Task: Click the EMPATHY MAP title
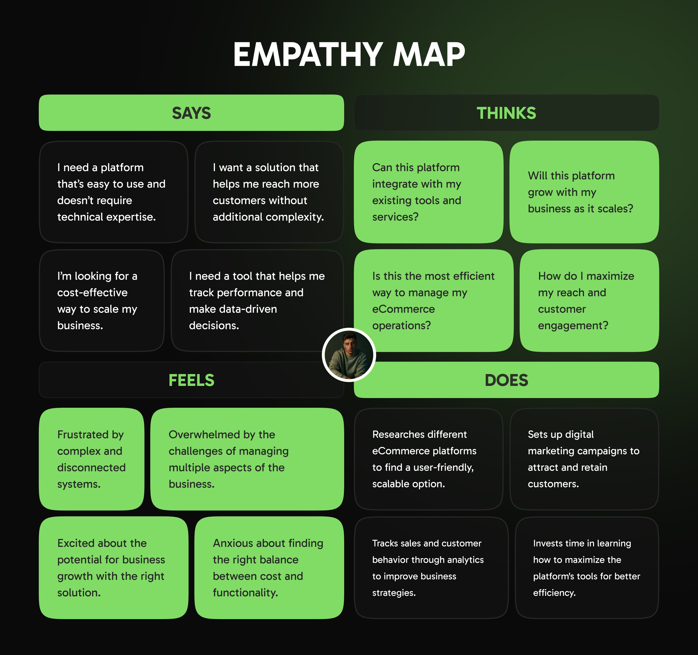pyautogui.click(x=349, y=55)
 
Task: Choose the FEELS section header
pyautogui.click(x=191, y=380)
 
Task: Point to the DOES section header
pyautogui.click(x=506, y=380)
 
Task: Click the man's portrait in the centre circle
pyautogui.click(x=349, y=355)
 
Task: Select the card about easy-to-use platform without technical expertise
pyautogui.click(x=113, y=192)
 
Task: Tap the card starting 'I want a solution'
pyautogui.click(x=269, y=192)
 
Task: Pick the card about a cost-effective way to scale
pyautogui.click(x=102, y=301)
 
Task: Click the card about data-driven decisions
pyautogui.click(x=257, y=301)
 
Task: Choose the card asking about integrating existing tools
pyautogui.click(x=428, y=192)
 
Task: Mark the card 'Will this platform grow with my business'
pyautogui.click(x=584, y=192)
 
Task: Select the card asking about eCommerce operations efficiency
pyautogui.click(x=434, y=301)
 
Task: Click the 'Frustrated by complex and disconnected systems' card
pyautogui.click(x=92, y=459)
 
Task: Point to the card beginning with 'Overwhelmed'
pyautogui.click(x=247, y=459)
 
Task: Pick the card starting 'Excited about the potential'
pyautogui.click(x=113, y=567)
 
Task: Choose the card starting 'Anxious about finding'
pyautogui.click(x=269, y=567)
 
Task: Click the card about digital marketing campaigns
pyautogui.click(x=584, y=459)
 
